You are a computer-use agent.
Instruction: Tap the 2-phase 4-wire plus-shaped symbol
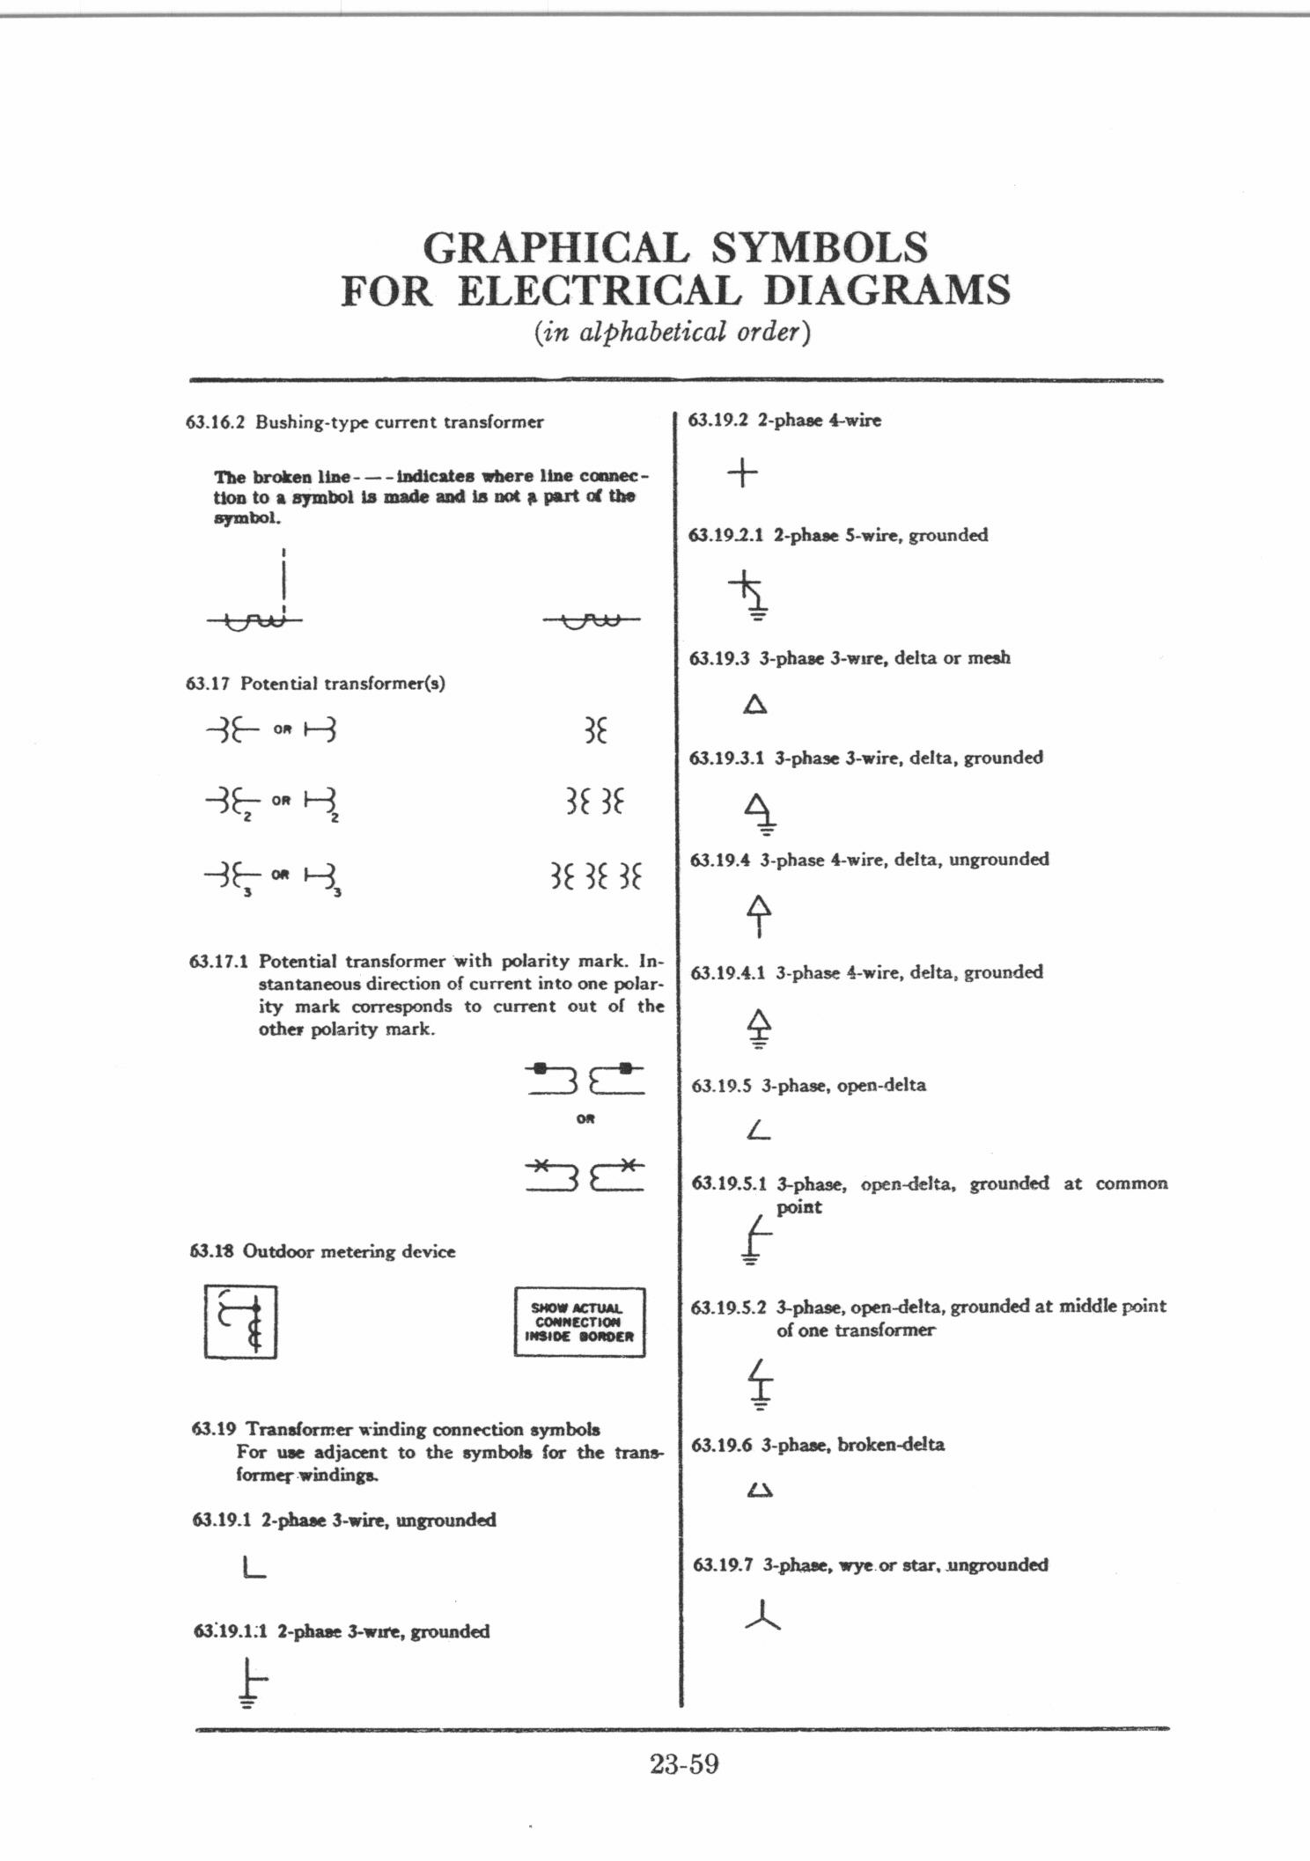[x=742, y=473]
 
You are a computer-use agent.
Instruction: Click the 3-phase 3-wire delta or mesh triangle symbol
[x=755, y=705]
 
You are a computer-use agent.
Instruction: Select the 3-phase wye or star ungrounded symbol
[x=762, y=1616]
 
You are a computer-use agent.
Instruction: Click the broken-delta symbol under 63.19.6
[x=759, y=1491]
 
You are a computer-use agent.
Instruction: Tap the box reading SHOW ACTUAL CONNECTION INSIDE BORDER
[x=579, y=1322]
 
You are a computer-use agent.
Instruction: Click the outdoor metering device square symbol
[x=240, y=1322]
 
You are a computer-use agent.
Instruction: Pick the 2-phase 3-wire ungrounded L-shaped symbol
[x=254, y=1567]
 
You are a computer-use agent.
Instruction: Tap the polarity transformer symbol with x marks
[x=585, y=1176]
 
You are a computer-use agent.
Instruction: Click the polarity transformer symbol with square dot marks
[x=585, y=1079]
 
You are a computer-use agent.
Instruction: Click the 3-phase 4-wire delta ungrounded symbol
[x=759, y=915]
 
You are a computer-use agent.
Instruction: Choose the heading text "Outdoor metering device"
[x=349, y=1251]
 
